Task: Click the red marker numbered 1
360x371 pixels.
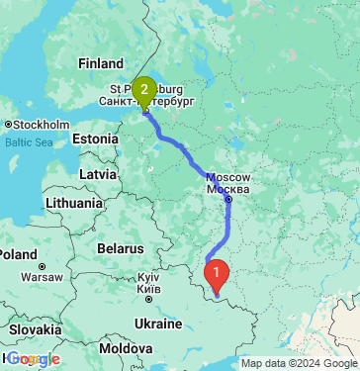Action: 216,270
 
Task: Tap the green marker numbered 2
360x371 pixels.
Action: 144,92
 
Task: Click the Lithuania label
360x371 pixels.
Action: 72,204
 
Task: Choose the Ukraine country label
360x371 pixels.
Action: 157,325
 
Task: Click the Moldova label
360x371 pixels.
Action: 125,350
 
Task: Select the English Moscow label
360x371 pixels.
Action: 228,177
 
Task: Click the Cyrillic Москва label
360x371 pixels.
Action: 229,189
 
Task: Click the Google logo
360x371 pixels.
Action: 33,359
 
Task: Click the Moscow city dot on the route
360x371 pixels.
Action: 228,199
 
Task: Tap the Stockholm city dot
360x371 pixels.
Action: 8,125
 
